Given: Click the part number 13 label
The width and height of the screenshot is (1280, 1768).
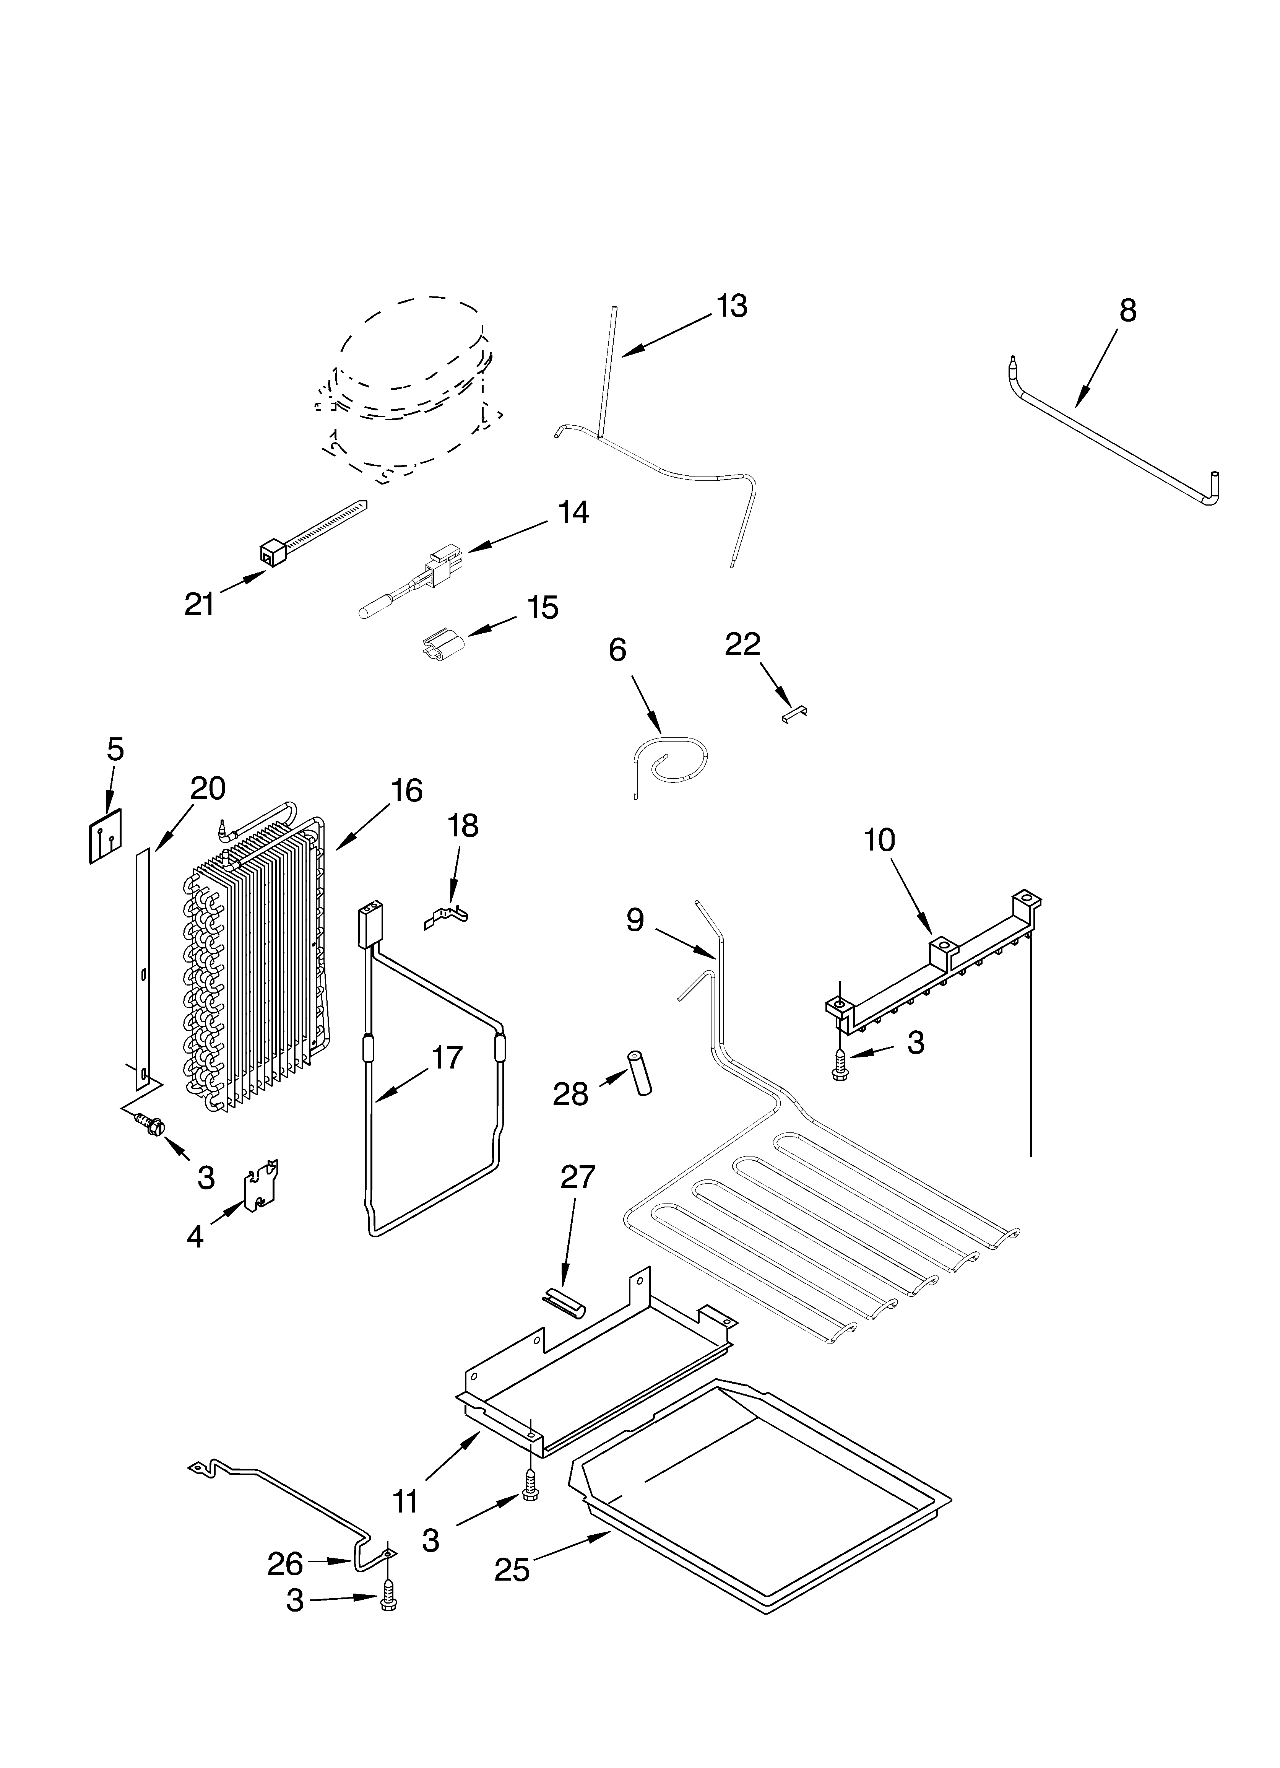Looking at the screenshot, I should tap(732, 306).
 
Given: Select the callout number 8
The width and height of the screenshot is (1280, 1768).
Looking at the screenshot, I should tap(1127, 310).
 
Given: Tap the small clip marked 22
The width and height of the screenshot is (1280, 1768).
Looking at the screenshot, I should tap(794, 712).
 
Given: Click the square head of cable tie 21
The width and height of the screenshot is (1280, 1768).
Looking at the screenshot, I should tap(270, 553).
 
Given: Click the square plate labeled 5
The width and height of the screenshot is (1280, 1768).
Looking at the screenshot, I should tap(105, 836).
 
